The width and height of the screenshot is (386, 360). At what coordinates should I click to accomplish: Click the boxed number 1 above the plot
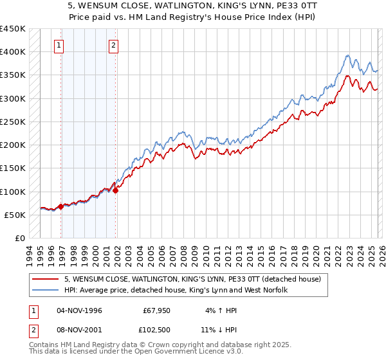59,45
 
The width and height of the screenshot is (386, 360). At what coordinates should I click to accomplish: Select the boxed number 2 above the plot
113,45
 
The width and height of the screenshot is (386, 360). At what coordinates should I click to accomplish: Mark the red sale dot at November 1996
61,206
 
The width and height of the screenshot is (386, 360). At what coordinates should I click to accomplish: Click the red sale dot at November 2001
116,190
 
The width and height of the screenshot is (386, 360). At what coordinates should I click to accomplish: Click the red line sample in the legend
46,279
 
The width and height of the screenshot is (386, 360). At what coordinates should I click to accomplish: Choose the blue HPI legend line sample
46,290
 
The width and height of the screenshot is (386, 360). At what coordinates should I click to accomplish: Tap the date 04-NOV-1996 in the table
80,310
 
